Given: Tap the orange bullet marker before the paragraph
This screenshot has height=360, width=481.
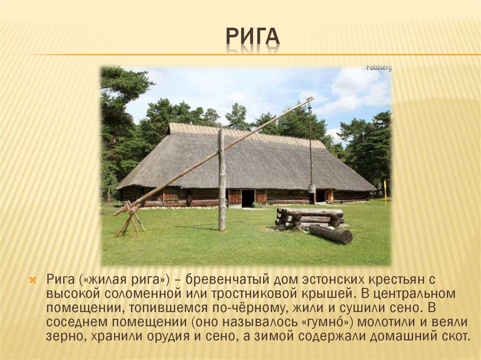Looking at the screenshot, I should [32, 281].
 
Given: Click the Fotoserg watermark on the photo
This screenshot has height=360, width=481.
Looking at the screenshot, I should [379, 68].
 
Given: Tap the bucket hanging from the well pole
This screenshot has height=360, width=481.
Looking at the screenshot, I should [311, 189].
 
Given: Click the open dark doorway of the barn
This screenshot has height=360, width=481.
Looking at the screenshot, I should [248, 198].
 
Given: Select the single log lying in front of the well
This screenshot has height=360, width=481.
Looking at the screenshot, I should [330, 234].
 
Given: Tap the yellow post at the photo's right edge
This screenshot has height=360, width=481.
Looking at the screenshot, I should [385, 191].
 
